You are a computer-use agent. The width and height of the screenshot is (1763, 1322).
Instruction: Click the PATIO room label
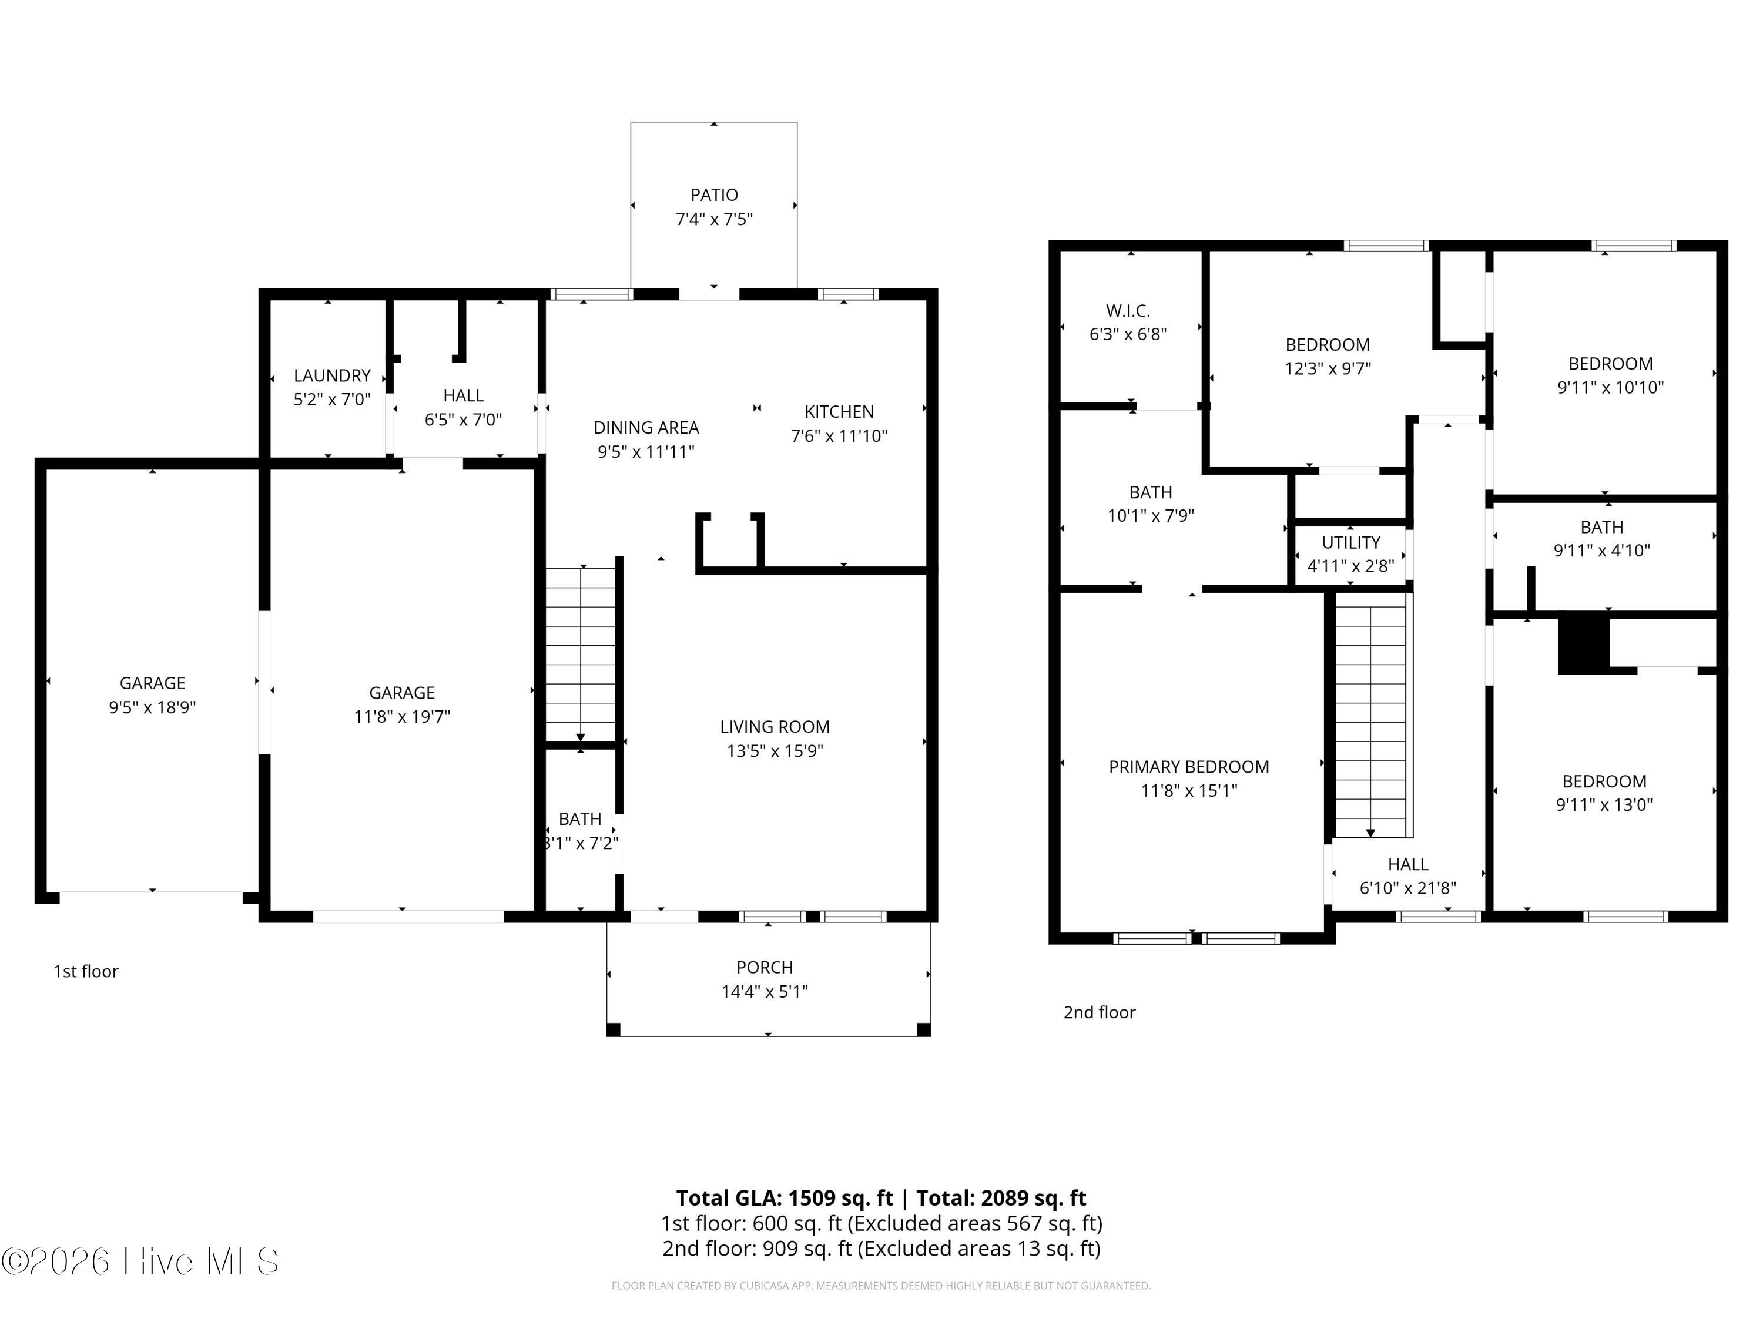pyautogui.click(x=714, y=194)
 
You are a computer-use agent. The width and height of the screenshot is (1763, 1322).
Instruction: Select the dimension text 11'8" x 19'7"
pyautogui.click(x=402, y=716)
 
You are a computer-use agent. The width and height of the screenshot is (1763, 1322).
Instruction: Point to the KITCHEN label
pyautogui.click(x=839, y=411)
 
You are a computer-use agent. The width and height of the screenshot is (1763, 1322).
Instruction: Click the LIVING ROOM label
pyautogui.click(x=775, y=727)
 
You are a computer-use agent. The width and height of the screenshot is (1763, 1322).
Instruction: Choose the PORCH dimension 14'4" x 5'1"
pyautogui.click(x=765, y=991)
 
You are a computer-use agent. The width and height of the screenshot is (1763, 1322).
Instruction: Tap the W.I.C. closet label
pyautogui.click(x=1128, y=311)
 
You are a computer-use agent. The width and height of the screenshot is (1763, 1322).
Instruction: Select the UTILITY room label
pyautogui.click(x=1351, y=543)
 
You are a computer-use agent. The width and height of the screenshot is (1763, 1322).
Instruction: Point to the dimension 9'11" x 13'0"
pyautogui.click(x=1604, y=805)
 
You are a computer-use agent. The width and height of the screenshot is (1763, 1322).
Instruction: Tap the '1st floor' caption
pyautogui.click(x=86, y=971)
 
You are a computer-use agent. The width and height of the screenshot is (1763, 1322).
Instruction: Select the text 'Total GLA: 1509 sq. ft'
pyautogui.click(x=785, y=1197)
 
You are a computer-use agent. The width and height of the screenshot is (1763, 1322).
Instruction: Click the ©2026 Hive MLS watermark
pyautogui.click(x=140, y=1261)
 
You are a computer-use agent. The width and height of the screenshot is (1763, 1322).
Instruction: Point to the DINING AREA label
pyautogui.click(x=646, y=427)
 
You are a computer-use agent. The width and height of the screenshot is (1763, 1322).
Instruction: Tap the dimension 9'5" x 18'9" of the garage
pyautogui.click(x=152, y=707)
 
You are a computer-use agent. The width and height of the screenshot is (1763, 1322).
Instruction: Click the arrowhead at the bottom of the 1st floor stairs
pyautogui.click(x=580, y=737)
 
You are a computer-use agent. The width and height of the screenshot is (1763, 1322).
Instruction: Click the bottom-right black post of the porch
pyautogui.click(x=923, y=1029)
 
